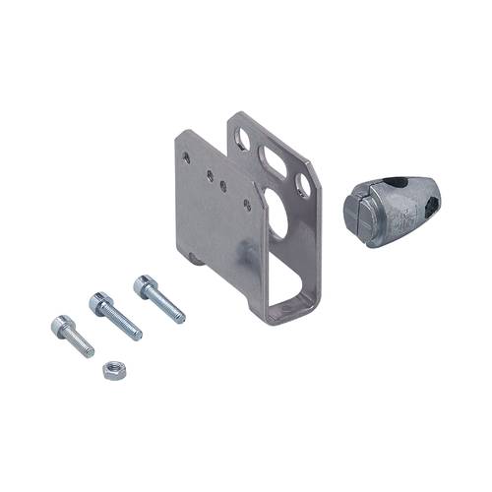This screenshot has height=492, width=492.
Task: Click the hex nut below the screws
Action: [x=111, y=371]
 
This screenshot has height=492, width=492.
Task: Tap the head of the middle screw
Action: [x=98, y=303]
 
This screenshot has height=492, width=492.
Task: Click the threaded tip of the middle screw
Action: [x=137, y=334]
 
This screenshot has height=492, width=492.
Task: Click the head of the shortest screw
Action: [x=58, y=325]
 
